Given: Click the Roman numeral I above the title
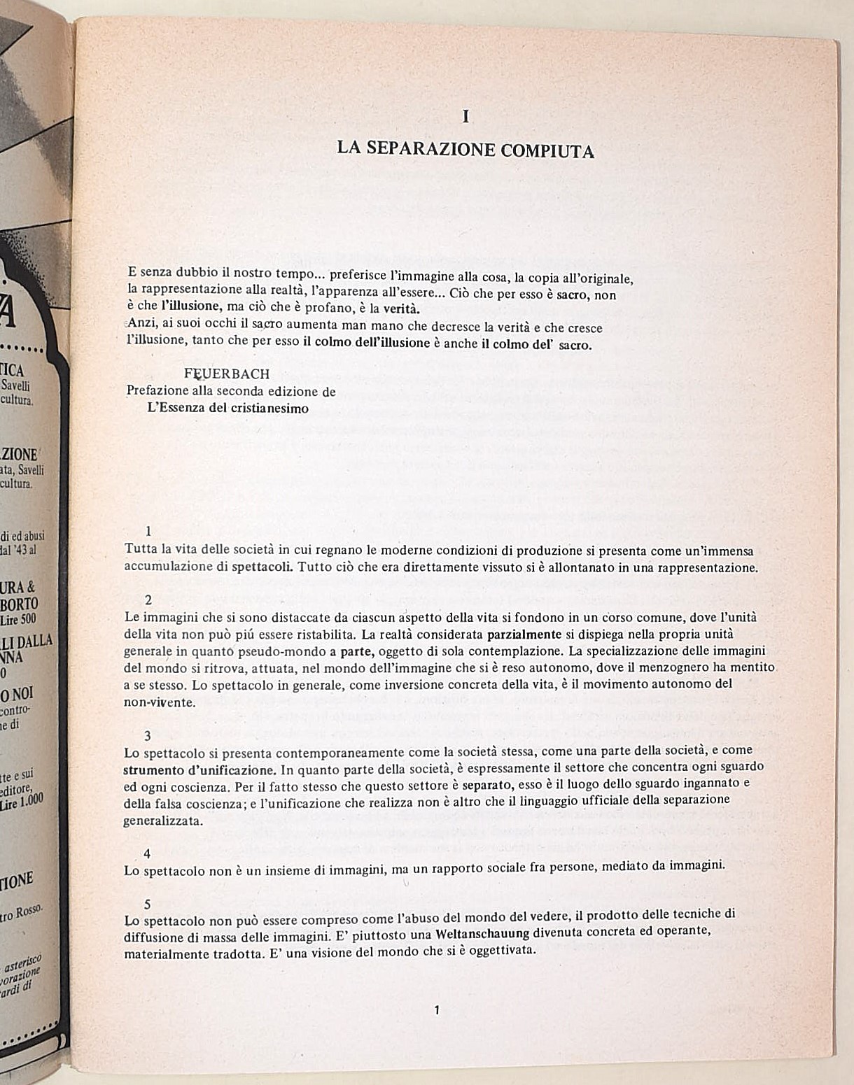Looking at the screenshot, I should (x=466, y=117).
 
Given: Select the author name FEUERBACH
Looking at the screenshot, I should (x=227, y=374).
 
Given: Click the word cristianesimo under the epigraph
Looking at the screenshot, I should (x=269, y=409).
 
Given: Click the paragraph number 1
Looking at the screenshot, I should (x=148, y=532).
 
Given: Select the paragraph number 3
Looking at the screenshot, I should (x=148, y=735).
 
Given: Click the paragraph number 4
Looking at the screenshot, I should (x=147, y=853).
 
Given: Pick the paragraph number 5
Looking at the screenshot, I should (x=147, y=905).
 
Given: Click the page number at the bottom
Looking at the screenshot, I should (x=437, y=1010).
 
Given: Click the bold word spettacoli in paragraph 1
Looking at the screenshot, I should (x=263, y=567).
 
